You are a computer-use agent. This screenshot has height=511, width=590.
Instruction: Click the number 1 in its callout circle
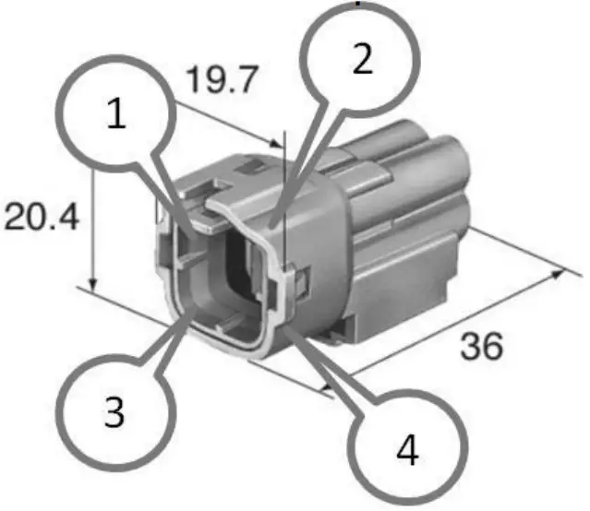pos(116,114)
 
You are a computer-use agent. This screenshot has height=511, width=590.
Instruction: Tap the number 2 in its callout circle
pos(362,60)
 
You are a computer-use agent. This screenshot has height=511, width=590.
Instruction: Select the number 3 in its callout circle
pos(114,412)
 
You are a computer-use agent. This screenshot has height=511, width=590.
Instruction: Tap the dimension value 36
pos(480,346)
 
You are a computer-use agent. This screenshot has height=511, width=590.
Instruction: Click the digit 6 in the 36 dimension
pos(493,346)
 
